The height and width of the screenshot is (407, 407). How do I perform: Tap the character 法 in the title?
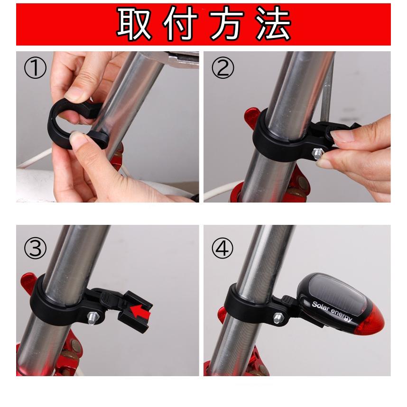tap(272, 24)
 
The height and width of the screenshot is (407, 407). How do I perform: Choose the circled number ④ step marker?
tap(223, 249)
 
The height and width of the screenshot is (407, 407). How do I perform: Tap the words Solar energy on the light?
tap(332, 311)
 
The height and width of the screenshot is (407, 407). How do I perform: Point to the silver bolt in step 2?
tap(316, 153)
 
